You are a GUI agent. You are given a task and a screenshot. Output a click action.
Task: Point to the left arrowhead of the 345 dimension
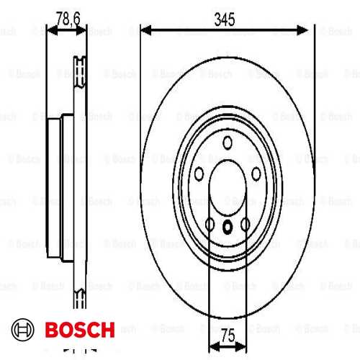pos(145,30)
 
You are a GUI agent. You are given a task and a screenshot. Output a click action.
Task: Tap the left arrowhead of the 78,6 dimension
pos(50,30)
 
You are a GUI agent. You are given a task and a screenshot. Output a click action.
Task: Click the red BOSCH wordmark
pos(79,331)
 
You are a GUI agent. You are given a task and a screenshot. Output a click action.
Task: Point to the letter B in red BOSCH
pos(53,331)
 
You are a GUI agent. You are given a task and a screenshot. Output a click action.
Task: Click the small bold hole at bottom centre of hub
pos(228,228)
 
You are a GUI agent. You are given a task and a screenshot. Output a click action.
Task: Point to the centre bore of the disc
pos(228,189)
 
